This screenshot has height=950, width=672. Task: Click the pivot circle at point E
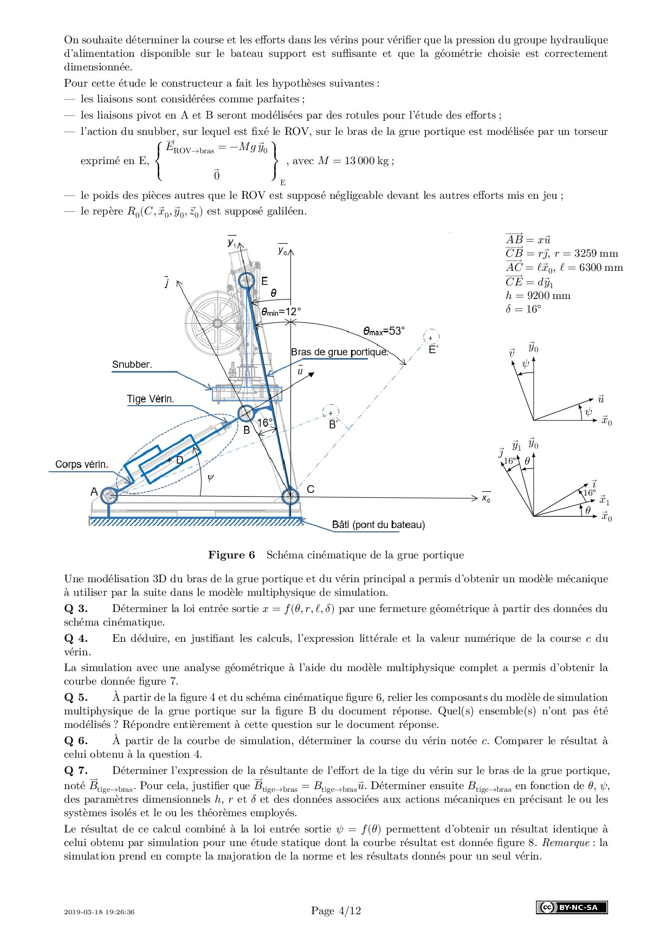pyautogui.click(x=247, y=281)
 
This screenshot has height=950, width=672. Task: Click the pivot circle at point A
pyautogui.click(x=108, y=495)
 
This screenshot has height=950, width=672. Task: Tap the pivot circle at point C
pyautogui.click(x=290, y=495)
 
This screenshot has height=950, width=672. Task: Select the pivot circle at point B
pyautogui.click(x=245, y=414)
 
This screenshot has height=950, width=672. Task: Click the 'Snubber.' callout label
pyautogui.click(x=132, y=365)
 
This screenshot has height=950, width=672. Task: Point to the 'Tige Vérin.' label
pyautogui.click(x=150, y=399)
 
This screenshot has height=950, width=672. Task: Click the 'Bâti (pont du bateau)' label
pyautogui.click(x=378, y=525)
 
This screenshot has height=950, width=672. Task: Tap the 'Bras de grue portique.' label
pyautogui.click(x=340, y=352)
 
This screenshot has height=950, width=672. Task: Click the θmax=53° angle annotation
pyautogui.click(x=384, y=331)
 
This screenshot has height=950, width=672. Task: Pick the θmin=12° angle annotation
pyautogui.click(x=281, y=312)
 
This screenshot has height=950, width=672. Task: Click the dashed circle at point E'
pyautogui.click(x=431, y=337)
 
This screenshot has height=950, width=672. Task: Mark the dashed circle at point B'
pyautogui.click(x=331, y=413)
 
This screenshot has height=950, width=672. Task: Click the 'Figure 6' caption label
pyautogui.click(x=231, y=555)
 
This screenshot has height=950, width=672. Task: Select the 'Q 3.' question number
pyautogui.click(x=76, y=609)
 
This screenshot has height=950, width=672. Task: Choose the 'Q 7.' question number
pyautogui.click(x=76, y=771)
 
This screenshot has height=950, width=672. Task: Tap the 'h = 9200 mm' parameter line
pyautogui.click(x=538, y=296)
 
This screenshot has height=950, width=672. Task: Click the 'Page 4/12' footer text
pyautogui.click(x=336, y=911)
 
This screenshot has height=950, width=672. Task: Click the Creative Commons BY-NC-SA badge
pyautogui.click(x=572, y=907)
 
